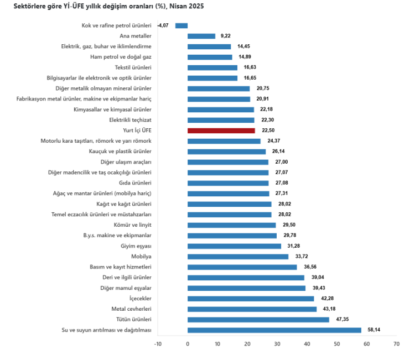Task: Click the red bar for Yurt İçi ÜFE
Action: coord(221,131)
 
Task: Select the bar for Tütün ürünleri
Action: coord(258,320)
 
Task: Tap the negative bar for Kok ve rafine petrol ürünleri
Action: coord(181,25)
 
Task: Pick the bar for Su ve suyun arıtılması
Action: coord(274,330)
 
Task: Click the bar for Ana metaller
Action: coord(201,36)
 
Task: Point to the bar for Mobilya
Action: coord(238,257)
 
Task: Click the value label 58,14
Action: coord(374,330)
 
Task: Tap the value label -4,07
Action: coord(163,25)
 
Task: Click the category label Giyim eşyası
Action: coord(136,246)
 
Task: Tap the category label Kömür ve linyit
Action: coord(132,225)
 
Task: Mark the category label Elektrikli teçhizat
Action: coord(131,120)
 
